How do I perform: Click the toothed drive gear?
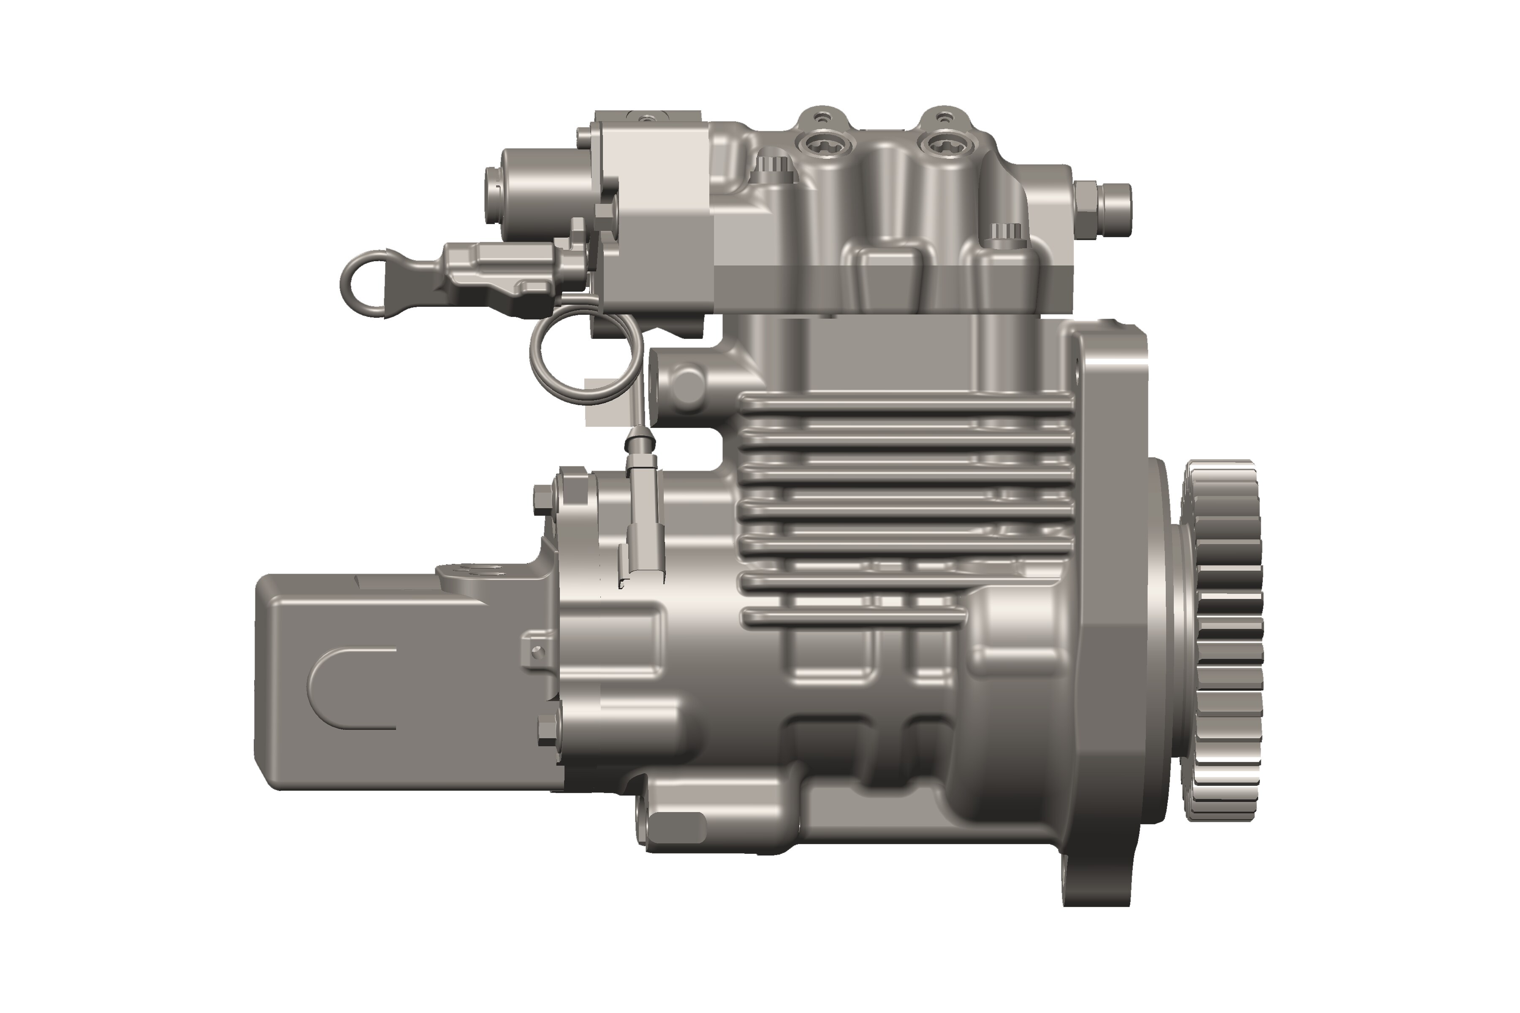tap(1223, 639)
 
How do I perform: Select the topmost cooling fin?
tap(905, 406)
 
